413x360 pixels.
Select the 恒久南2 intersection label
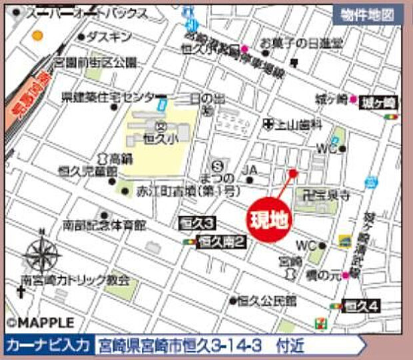coord(222,243)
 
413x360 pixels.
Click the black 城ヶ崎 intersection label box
coord(378,102)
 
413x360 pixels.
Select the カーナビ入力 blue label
coord(48,345)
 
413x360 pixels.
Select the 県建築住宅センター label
coord(108,97)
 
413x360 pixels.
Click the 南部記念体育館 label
coord(104,225)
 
